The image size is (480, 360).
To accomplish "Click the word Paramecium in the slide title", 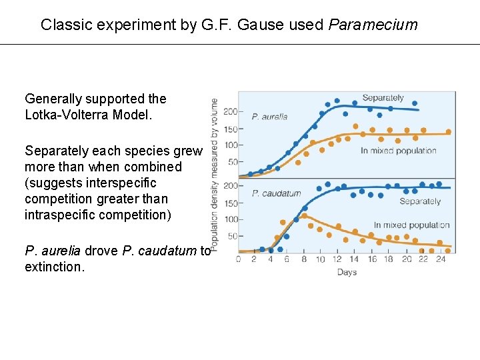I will [x=373, y=25].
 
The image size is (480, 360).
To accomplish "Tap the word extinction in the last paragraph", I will [x=55, y=267].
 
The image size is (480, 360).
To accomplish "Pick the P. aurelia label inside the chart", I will [x=269, y=117].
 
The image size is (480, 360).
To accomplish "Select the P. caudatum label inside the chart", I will [x=276, y=194].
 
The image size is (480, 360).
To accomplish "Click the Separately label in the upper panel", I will [x=383, y=98].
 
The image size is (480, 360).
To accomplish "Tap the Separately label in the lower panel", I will [x=420, y=201].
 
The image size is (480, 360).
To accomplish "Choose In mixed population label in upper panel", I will [x=398, y=151].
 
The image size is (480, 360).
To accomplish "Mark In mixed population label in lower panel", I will [x=411, y=225].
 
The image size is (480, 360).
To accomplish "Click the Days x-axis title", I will [x=347, y=272].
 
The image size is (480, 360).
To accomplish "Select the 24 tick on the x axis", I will [x=440, y=259].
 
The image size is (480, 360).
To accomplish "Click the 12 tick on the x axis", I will [x=337, y=259].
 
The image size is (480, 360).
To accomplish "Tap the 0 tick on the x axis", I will [x=239, y=259].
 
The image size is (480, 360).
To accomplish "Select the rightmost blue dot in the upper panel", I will [x=415, y=103].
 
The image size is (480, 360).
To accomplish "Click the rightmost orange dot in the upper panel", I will [x=448, y=132].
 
